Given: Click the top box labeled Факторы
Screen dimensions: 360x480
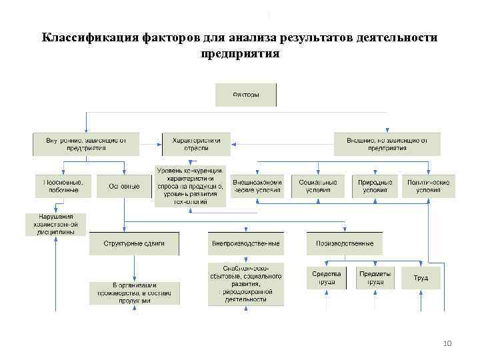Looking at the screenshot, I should pyautogui.click(x=245, y=95).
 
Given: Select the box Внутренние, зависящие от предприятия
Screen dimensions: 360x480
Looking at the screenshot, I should pyautogui.click(x=86, y=144).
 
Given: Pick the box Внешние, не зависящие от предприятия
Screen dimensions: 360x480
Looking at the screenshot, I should pyautogui.click(x=387, y=144).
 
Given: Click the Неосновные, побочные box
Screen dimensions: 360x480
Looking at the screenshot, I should pyautogui.click(x=63, y=186).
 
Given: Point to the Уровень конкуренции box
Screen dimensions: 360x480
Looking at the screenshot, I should pyautogui.click(x=190, y=185).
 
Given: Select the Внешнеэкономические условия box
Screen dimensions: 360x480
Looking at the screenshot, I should pyautogui.click(x=257, y=186).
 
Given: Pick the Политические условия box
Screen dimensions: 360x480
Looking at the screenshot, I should pyautogui.click(x=429, y=186).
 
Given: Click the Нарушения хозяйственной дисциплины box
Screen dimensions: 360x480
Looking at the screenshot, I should pyautogui.click(x=56, y=224).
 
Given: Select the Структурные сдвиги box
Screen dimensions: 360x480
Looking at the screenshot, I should pyautogui.click(x=134, y=243).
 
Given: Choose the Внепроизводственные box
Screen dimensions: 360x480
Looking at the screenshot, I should pyautogui.click(x=245, y=243).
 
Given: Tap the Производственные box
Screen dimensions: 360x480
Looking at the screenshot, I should pyautogui.click(x=345, y=243).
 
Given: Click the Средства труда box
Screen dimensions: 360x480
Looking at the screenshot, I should pyautogui.click(x=326, y=277).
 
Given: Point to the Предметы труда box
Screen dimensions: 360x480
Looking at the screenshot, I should pyautogui.click(x=375, y=277).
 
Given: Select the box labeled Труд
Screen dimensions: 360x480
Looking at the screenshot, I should pyautogui.click(x=421, y=277).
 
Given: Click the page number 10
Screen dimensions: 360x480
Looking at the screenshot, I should pyautogui.click(x=447, y=343).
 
